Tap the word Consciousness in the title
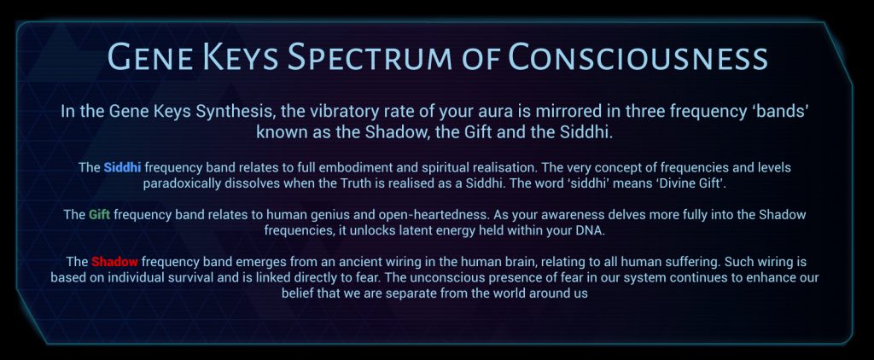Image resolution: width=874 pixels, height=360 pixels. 638,56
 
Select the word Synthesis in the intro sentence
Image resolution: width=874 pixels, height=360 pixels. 235,112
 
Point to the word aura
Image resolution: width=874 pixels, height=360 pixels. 498,112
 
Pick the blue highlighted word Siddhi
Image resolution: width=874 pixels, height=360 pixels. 122,167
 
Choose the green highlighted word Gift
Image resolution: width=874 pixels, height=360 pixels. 100,215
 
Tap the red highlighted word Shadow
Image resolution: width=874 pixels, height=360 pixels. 115,261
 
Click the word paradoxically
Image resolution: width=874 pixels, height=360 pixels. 182,184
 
